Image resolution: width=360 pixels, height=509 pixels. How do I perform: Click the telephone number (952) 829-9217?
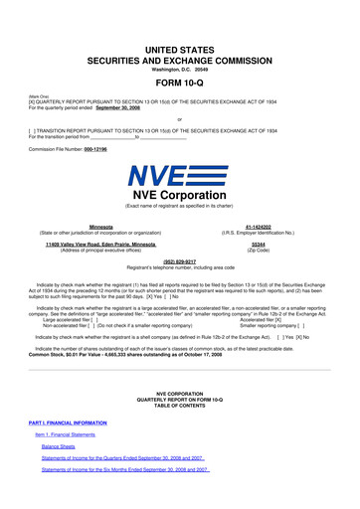180,261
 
